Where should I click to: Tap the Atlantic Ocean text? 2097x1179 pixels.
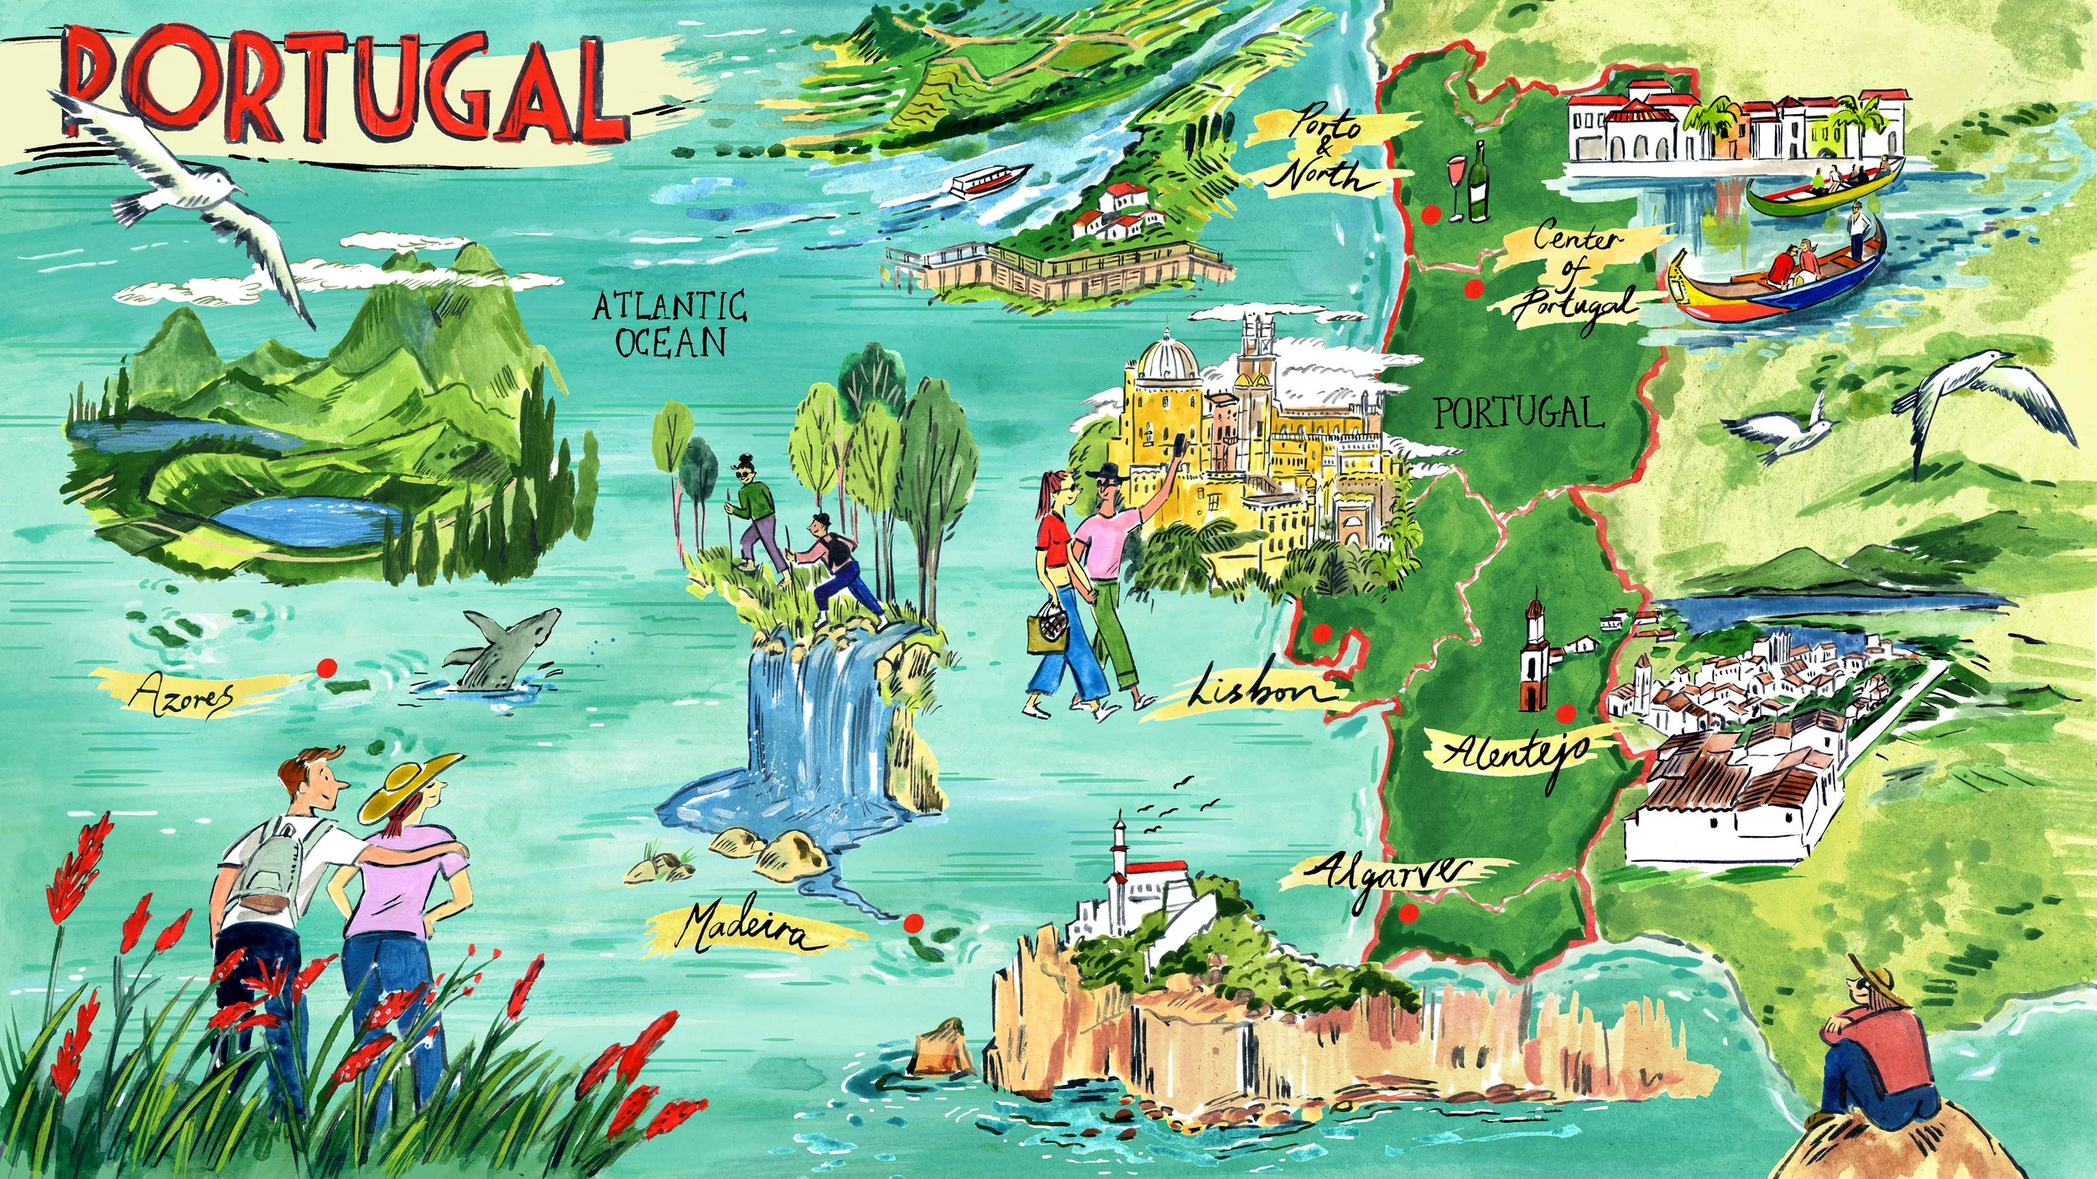pos(669,324)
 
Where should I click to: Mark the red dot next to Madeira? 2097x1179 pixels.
pos(913,923)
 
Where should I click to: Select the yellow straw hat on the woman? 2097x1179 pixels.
pos(408,784)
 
